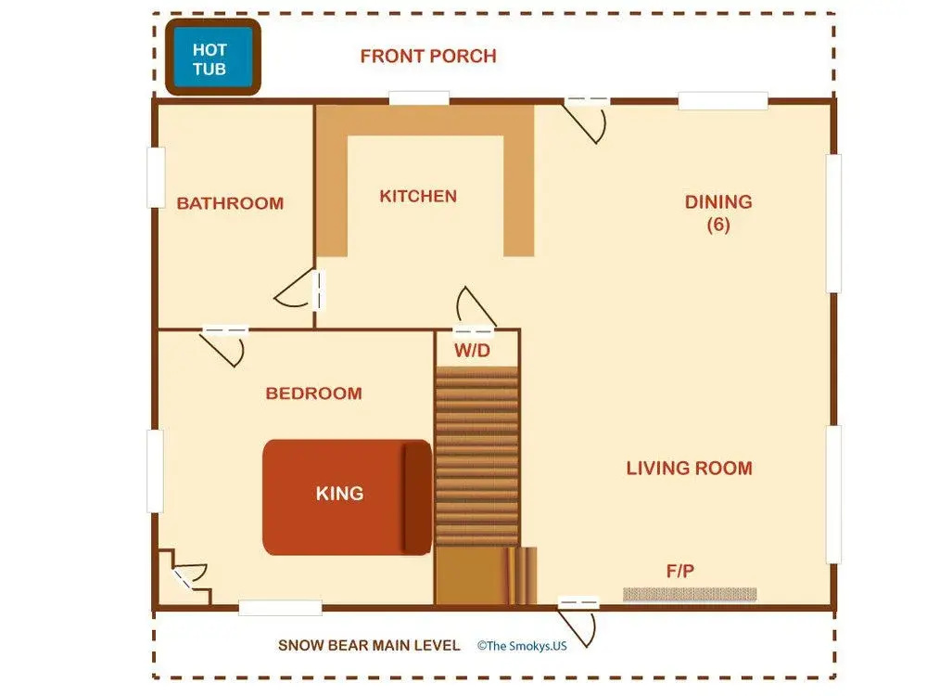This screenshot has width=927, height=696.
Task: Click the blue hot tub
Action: pyautogui.click(x=213, y=57)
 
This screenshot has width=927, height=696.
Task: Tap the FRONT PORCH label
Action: pyautogui.click(x=428, y=57)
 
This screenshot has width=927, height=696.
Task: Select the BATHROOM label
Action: pyautogui.click(x=230, y=203)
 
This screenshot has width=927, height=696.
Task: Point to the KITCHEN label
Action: pyautogui.click(x=418, y=196)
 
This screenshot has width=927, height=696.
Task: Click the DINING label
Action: pyautogui.click(x=718, y=201)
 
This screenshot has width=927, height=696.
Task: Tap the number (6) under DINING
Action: pyautogui.click(x=718, y=225)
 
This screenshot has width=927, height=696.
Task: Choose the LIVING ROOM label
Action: pyautogui.click(x=690, y=468)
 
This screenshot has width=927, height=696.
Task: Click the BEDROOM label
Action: pyautogui.click(x=314, y=393)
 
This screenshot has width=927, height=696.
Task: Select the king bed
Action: pyautogui.click(x=347, y=497)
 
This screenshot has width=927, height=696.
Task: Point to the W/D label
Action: pyautogui.click(x=473, y=351)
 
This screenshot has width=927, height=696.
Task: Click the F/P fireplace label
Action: pyautogui.click(x=680, y=571)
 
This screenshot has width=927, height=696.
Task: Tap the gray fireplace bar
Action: pyautogui.click(x=690, y=594)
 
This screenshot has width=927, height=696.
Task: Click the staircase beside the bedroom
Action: pyautogui.click(x=477, y=456)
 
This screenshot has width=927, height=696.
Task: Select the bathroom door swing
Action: pyautogui.click(x=295, y=289)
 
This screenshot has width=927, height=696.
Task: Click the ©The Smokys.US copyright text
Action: pyautogui.click(x=522, y=646)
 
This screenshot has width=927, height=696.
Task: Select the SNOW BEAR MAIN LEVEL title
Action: pyautogui.click(x=369, y=645)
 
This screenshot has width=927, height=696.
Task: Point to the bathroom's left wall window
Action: pyautogui.click(x=156, y=177)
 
